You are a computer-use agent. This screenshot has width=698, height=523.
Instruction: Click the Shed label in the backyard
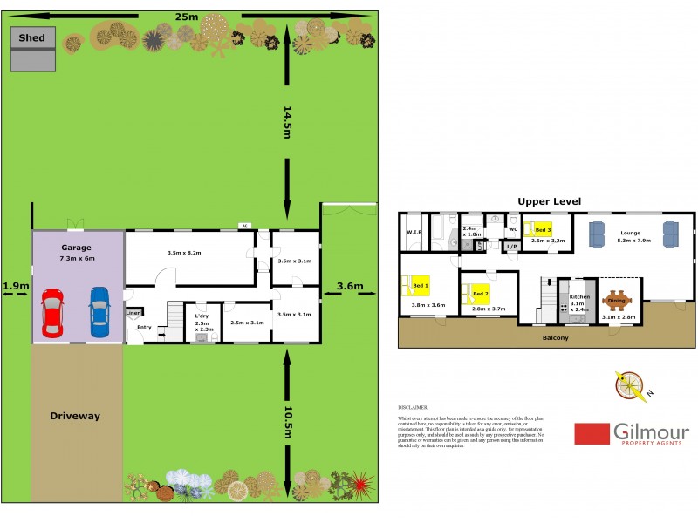[32, 38]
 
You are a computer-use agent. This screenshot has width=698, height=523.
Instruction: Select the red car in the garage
[53, 312]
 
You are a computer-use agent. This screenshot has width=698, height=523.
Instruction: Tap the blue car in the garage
[99, 312]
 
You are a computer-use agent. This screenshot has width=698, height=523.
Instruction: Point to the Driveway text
[74, 416]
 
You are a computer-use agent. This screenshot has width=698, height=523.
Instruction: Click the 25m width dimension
[186, 17]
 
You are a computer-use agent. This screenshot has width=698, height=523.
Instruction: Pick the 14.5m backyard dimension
[287, 122]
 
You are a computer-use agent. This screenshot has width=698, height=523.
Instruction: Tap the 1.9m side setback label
[16, 285]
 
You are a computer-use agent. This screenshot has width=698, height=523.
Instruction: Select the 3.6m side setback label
[349, 285]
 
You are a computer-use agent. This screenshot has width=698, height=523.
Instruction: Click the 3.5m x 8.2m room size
[184, 253]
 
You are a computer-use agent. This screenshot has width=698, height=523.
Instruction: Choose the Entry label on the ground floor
[144, 327]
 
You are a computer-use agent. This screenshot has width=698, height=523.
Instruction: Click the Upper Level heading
[549, 201]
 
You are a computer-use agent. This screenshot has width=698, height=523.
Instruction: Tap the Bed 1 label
[421, 285]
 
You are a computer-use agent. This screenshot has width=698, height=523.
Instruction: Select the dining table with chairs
[617, 301]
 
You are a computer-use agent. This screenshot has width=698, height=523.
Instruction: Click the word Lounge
[630, 233]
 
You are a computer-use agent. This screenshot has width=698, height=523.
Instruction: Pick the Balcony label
[555, 336]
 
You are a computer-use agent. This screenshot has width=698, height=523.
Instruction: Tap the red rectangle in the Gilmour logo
[592, 433]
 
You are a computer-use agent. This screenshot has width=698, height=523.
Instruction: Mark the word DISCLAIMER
[414, 407]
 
